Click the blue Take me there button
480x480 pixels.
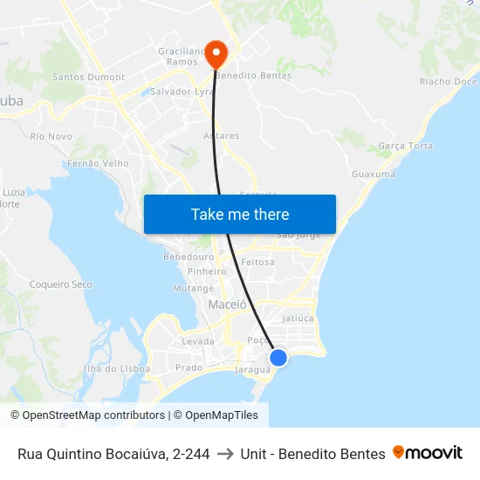240,214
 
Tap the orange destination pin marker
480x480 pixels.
214,53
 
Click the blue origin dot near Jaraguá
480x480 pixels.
278,357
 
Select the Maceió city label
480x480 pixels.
228,305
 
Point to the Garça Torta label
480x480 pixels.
407,146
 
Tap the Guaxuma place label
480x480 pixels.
374,175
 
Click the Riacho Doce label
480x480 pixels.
448,82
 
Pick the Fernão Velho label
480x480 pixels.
98,163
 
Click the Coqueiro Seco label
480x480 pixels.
61,285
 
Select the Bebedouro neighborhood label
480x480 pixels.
189,257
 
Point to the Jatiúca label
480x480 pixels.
298,319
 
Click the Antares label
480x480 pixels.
222,136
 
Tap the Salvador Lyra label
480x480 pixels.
182,92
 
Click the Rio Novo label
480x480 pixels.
51,136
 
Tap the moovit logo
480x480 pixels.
428,453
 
